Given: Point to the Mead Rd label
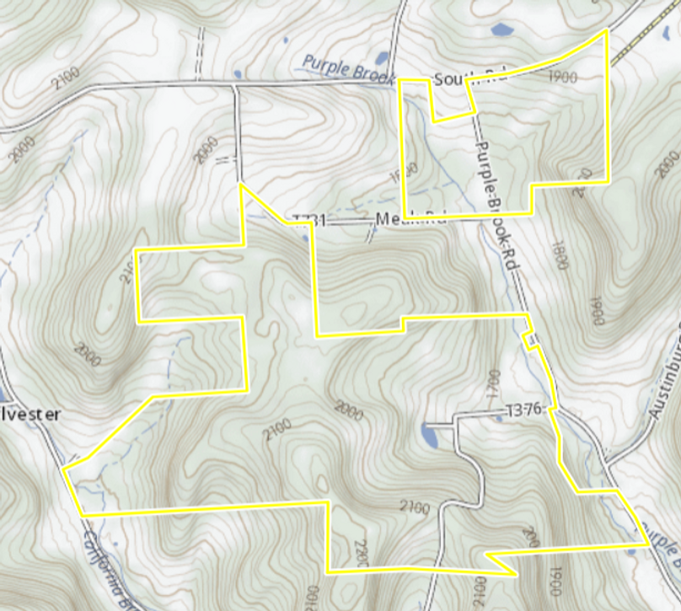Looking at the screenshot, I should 410,220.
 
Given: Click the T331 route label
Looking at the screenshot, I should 308,221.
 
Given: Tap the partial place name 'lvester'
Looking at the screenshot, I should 30,415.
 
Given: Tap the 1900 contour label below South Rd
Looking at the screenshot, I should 562,77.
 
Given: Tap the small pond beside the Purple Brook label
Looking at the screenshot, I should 382,60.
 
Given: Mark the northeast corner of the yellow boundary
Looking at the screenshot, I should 607,30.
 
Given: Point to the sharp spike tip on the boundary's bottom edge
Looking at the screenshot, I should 516,575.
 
